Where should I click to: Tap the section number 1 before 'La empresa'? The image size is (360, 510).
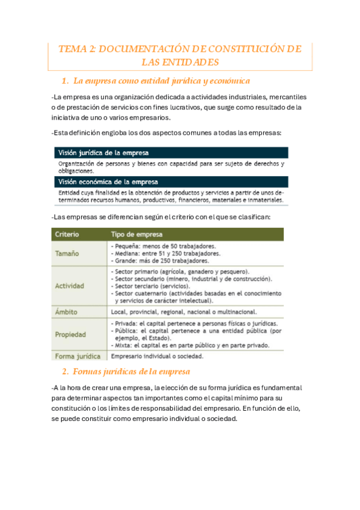tap(64, 81)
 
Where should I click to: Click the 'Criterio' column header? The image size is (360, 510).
tap(67, 234)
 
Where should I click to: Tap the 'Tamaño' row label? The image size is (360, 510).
tap(67, 253)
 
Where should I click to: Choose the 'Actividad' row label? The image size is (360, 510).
tap(69, 286)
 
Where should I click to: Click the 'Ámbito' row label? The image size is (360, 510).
tap(67, 312)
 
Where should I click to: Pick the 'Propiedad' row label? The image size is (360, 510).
tap(70, 334)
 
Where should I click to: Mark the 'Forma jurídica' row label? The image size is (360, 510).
tap(76, 355)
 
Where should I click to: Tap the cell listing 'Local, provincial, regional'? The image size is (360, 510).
tap(184, 312)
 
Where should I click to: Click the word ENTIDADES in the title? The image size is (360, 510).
tap(180, 63)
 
